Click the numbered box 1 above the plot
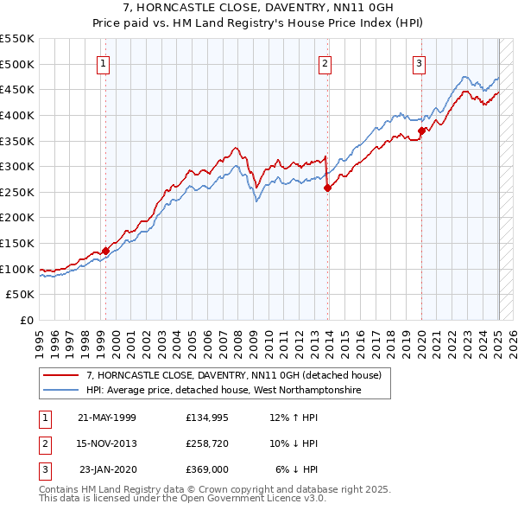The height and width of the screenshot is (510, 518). point(103,62)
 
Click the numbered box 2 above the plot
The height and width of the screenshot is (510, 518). point(325,62)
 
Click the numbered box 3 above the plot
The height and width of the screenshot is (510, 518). point(419,62)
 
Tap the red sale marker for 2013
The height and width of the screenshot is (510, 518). point(328,187)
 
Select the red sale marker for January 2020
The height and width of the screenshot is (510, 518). point(422,131)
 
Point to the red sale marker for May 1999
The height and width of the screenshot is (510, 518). point(106,251)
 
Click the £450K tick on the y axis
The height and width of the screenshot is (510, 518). point(17,89)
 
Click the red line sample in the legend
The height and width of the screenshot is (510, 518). point(62,375)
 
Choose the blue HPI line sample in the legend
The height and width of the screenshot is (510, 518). point(62,390)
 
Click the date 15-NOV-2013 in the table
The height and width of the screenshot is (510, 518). point(107,443)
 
